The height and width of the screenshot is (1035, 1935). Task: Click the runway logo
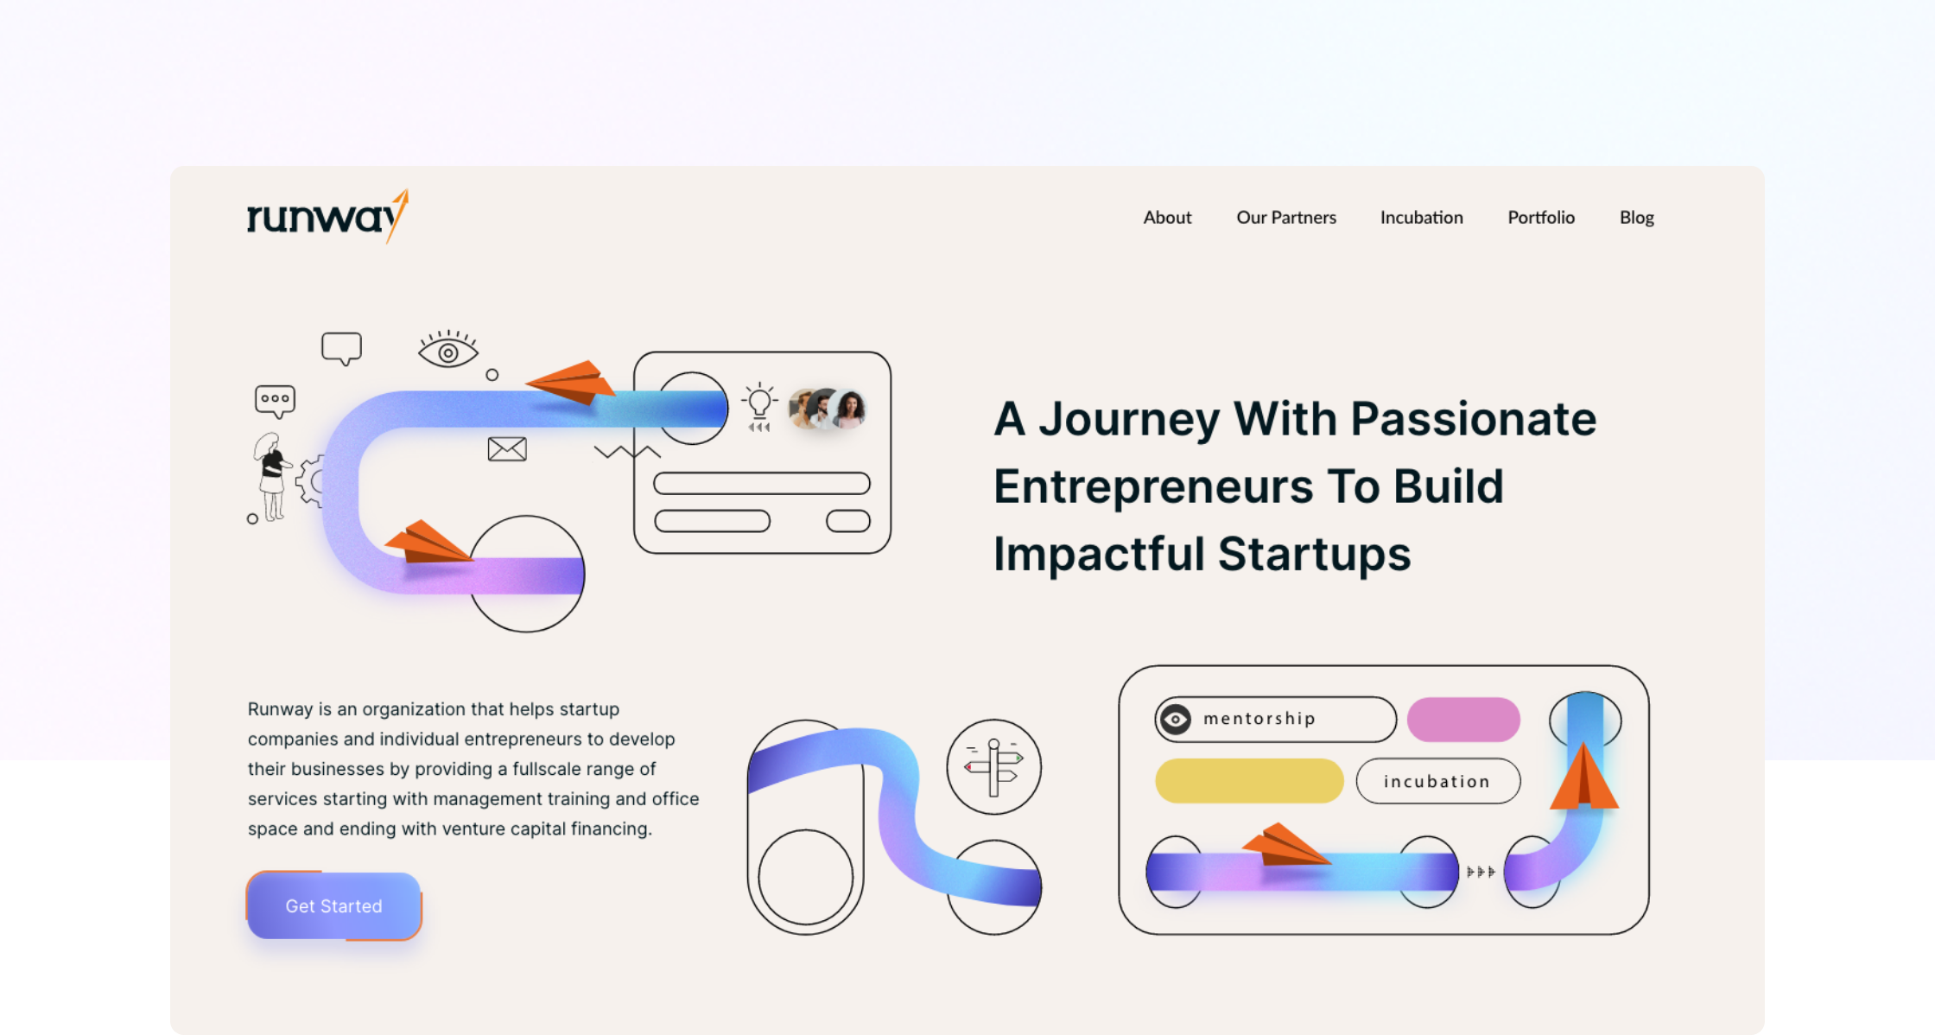[x=327, y=216]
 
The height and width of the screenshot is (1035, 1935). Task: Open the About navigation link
[x=1167, y=218]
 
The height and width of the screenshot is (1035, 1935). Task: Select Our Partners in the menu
[x=1286, y=218]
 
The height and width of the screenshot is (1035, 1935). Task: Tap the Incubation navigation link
[x=1421, y=218]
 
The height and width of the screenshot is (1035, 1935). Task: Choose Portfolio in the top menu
[x=1541, y=218]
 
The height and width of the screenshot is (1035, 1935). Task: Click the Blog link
[x=1636, y=218]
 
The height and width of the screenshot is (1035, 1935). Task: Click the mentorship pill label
[x=1275, y=719]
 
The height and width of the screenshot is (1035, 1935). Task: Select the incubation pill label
[x=1438, y=781]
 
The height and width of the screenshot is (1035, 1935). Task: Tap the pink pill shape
[x=1463, y=720]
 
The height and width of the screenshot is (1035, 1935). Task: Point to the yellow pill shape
[x=1249, y=781]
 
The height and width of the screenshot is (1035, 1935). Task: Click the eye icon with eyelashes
[x=448, y=349]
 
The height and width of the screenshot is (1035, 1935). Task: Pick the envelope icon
[x=507, y=449]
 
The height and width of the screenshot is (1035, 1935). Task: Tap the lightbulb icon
[x=759, y=406]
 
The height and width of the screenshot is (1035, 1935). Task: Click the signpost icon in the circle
[x=993, y=767]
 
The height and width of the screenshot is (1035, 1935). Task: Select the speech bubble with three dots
[x=275, y=401]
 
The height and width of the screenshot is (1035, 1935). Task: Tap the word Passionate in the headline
[x=1473, y=419]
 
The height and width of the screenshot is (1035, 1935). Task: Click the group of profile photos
[x=828, y=409]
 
